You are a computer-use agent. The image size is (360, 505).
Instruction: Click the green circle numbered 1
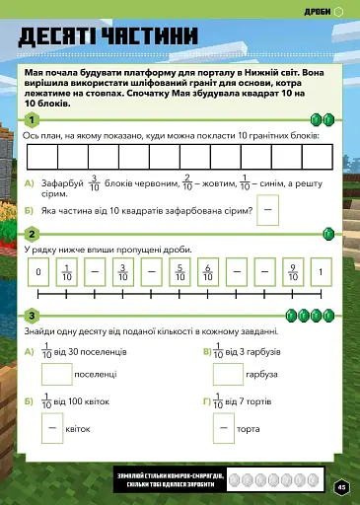[x=33, y=120]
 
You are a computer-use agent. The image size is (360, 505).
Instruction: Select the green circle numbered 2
[x=33, y=234]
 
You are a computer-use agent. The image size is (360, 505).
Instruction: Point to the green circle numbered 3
[x=33, y=316]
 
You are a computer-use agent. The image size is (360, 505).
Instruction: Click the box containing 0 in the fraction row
[x=37, y=272]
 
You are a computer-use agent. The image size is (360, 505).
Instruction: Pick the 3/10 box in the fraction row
[x=123, y=272]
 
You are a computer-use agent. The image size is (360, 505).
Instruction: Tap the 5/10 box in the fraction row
[x=180, y=272]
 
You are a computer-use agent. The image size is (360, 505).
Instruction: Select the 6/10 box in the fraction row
[x=208, y=272]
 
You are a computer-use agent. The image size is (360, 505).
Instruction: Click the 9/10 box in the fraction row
[x=293, y=272]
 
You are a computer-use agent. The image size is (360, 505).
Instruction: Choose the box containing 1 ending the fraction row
[x=322, y=272]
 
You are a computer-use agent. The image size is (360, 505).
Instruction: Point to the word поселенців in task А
[x=104, y=352]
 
